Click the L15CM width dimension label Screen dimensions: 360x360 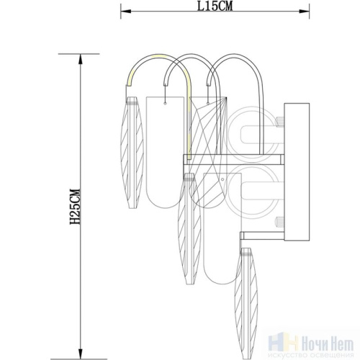(215, 6)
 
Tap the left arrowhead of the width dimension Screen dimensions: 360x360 (125, 12)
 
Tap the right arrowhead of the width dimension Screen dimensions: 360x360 (304, 12)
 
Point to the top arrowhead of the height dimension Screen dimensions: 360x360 (81, 59)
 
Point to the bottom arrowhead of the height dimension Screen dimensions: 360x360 (81, 354)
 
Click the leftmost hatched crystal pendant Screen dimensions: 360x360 (132, 153)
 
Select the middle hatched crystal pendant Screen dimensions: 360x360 (189, 229)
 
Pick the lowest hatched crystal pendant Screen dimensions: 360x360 (246, 304)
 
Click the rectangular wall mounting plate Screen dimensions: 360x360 (297, 171)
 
